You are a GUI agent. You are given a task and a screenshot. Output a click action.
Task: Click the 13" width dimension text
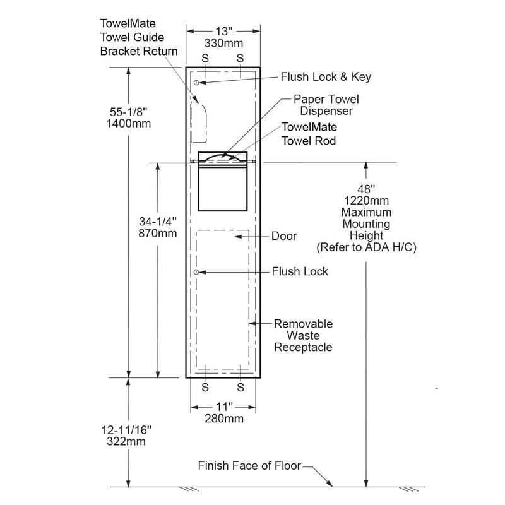[222, 31]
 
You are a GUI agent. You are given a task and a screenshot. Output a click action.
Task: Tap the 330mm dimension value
[222, 44]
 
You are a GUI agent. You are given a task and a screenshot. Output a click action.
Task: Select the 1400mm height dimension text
[129, 124]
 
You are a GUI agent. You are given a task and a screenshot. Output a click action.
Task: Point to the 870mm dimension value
[158, 233]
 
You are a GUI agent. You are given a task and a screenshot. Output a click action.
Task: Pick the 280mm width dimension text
[222, 417]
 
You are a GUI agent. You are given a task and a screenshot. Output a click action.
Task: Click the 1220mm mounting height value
[366, 200]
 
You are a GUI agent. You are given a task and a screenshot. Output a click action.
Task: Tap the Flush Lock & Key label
[326, 77]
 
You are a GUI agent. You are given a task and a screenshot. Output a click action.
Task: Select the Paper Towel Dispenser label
[326, 105]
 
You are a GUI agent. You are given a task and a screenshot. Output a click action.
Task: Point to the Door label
[284, 236]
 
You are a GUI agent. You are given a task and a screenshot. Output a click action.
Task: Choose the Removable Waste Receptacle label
[302, 336]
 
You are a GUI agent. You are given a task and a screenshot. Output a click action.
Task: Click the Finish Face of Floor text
[250, 466]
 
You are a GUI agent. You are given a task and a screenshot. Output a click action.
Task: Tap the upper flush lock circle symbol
[197, 83]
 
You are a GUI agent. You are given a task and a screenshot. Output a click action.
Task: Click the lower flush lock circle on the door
[197, 272]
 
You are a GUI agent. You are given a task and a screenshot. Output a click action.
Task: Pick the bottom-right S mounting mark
[241, 387]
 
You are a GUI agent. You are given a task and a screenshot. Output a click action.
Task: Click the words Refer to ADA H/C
[366, 247]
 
